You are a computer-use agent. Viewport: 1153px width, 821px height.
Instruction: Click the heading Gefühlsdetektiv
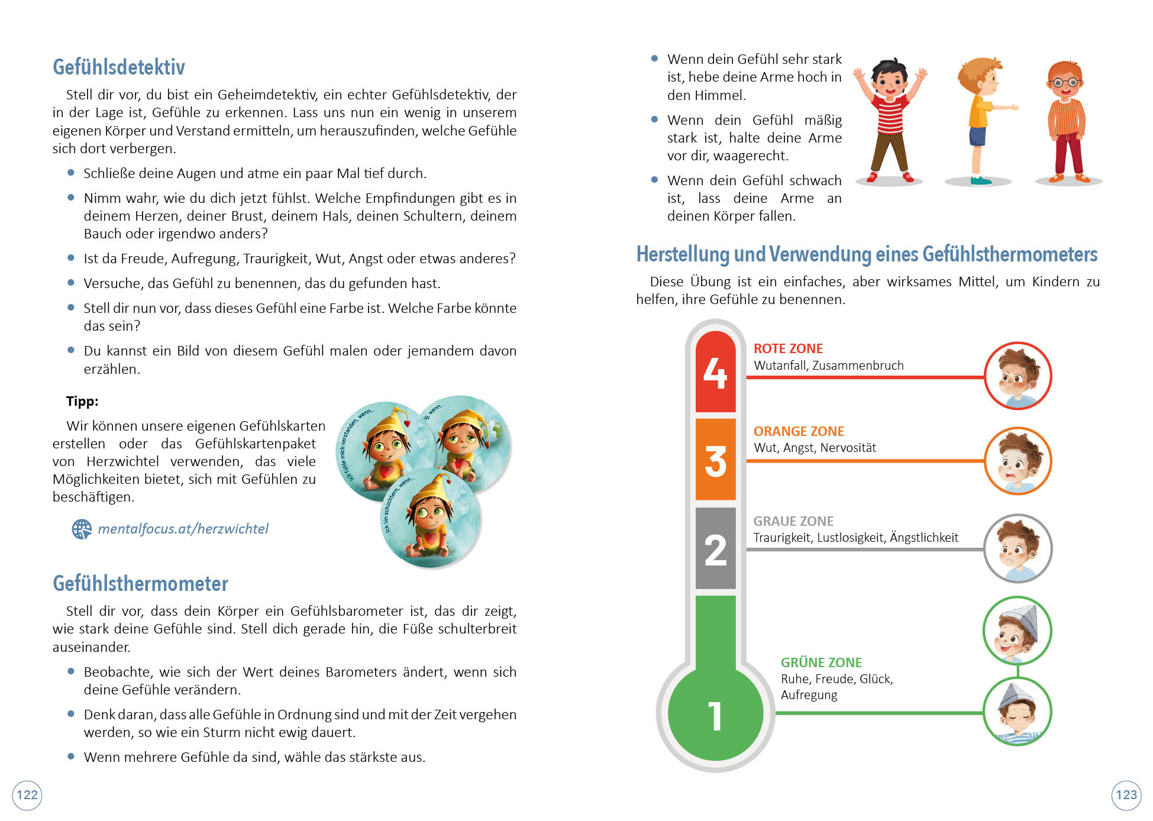(119, 67)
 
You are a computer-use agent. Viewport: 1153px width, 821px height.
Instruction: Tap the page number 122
(27, 794)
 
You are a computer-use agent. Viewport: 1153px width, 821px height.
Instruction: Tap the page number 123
(1126, 794)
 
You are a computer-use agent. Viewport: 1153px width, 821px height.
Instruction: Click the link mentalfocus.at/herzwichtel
(183, 529)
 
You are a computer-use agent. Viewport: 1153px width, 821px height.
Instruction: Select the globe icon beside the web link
(82, 529)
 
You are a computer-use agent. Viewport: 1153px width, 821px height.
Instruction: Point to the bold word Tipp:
(82, 401)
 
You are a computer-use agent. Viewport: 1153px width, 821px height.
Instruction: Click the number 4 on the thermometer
(715, 373)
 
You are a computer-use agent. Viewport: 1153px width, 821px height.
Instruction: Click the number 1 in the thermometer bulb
(715, 716)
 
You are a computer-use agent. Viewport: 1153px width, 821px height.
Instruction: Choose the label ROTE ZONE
(788, 349)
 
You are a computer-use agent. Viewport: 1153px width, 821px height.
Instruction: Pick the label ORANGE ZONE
(799, 432)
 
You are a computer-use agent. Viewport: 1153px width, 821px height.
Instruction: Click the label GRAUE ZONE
(793, 521)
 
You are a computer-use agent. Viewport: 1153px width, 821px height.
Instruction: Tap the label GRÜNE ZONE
(821, 662)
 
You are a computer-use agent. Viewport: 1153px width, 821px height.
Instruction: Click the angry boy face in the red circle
(1018, 376)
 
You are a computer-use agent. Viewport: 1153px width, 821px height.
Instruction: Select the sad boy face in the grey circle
(1018, 548)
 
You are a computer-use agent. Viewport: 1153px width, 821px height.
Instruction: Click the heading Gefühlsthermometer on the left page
(140, 584)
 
